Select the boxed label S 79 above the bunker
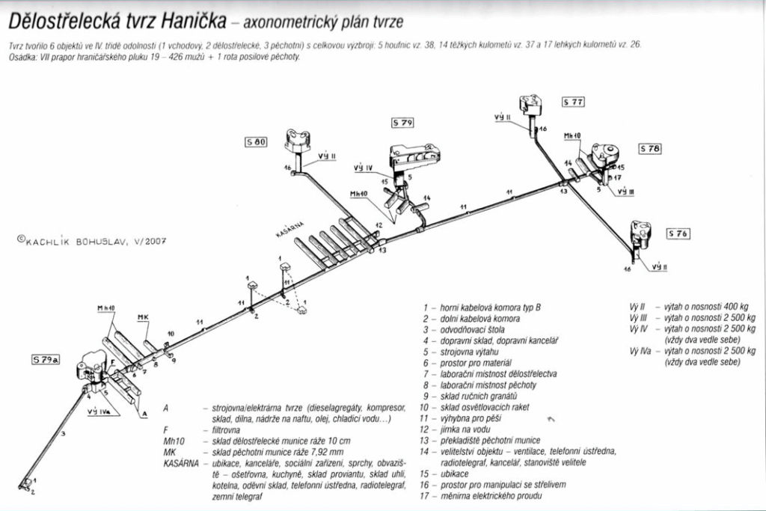[402, 121]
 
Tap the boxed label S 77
[573, 101]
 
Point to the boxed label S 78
[650, 148]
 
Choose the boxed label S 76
[678, 233]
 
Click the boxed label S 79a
[46, 360]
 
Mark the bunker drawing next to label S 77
[532, 105]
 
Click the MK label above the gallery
[143, 317]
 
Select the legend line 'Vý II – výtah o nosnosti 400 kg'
[688, 306]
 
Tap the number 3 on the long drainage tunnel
[64, 434]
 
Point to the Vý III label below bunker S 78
[625, 192]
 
